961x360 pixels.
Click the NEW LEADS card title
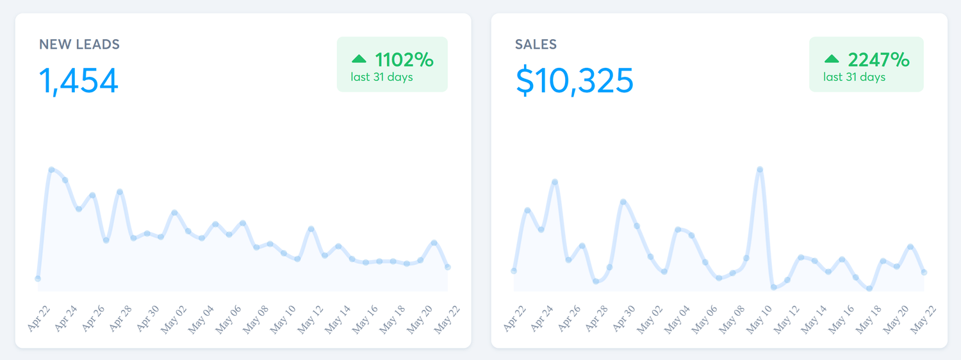[x=79, y=45]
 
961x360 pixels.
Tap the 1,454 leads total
[x=79, y=81]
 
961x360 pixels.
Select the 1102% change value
[x=404, y=60]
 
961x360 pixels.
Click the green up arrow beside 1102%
[x=359, y=59]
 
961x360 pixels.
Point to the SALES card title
[x=536, y=45]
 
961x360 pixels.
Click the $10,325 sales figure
[x=575, y=81]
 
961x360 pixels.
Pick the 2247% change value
[x=878, y=60]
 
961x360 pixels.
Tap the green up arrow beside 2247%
[x=832, y=59]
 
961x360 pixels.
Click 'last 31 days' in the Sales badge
[x=854, y=77]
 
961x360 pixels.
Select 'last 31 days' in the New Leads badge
[x=381, y=77]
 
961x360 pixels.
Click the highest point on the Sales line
[x=760, y=170]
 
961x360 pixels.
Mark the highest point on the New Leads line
[x=51, y=170]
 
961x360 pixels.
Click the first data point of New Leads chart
[x=38, y=279]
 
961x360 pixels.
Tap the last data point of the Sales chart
[x=924, y=272]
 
